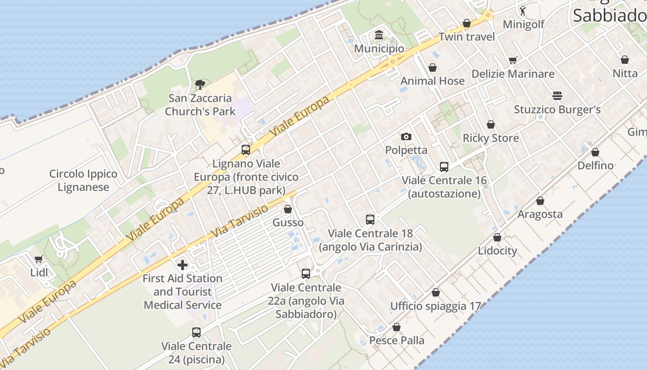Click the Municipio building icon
[379, 35]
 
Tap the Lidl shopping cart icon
[39, 259]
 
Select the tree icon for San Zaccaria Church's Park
[200, 85]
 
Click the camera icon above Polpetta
[406, 136]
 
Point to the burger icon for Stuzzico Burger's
[557, 96]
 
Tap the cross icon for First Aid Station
[183, 265]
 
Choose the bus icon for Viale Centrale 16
[444, 167]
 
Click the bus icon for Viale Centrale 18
[370, 220]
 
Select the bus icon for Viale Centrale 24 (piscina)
[196, 333]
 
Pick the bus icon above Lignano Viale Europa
[245, 150]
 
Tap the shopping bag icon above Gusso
[288, 210]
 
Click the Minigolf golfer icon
[523, 11]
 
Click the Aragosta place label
[540, 214]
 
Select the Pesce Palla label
[397, 340]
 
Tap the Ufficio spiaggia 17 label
[435, 306]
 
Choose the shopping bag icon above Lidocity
[497, 238]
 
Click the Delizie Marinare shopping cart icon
[513, 61]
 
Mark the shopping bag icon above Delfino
[595, 152]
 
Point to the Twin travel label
[467, 37]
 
